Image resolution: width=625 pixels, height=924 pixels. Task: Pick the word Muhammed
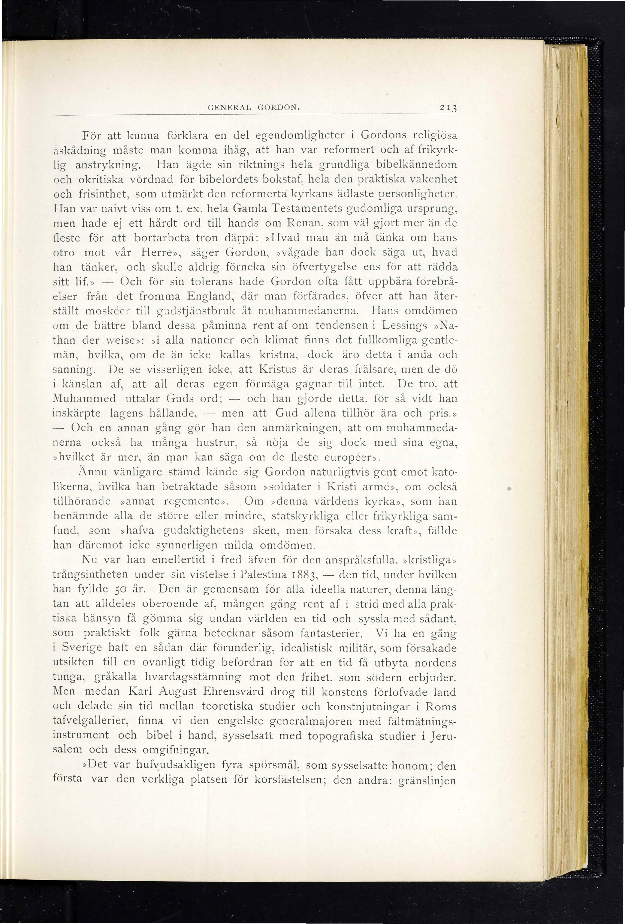(x=85, y=399)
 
